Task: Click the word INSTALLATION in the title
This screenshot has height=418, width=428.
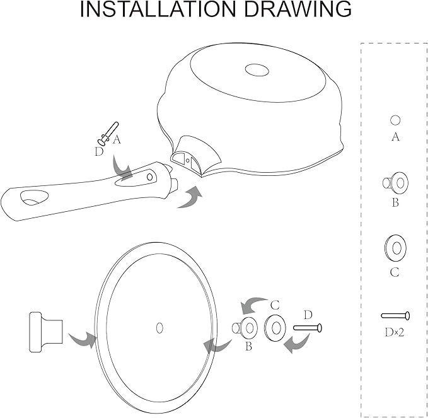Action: click(158, 9)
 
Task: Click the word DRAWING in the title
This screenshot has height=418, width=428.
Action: click(298, 9)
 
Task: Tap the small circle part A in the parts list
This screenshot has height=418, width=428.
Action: click(395, 120)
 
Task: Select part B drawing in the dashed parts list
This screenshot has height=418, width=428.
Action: click(395, 183)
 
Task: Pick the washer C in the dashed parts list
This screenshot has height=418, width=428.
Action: click(395, 248)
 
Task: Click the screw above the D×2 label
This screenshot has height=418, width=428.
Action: click(395, 316)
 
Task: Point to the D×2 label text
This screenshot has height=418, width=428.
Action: click(395, 332)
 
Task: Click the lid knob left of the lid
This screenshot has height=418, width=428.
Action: click(46, 332)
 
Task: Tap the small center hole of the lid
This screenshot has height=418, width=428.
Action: click(159, 328)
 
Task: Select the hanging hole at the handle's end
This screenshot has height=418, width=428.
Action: click(35, 198)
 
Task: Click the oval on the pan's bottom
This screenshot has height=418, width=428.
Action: click(257, 70)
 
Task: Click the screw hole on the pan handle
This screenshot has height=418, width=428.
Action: click(149, 177)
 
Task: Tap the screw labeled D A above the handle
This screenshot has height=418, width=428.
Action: click(108, 133)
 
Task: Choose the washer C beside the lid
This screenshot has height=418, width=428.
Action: click(275, 328)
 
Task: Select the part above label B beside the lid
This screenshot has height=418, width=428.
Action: click(245, 328)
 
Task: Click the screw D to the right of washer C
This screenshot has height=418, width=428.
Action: click(308, 328)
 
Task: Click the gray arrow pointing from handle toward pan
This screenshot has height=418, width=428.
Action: click(190, 197)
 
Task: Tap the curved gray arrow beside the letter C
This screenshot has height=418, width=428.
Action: click(253, 305)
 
